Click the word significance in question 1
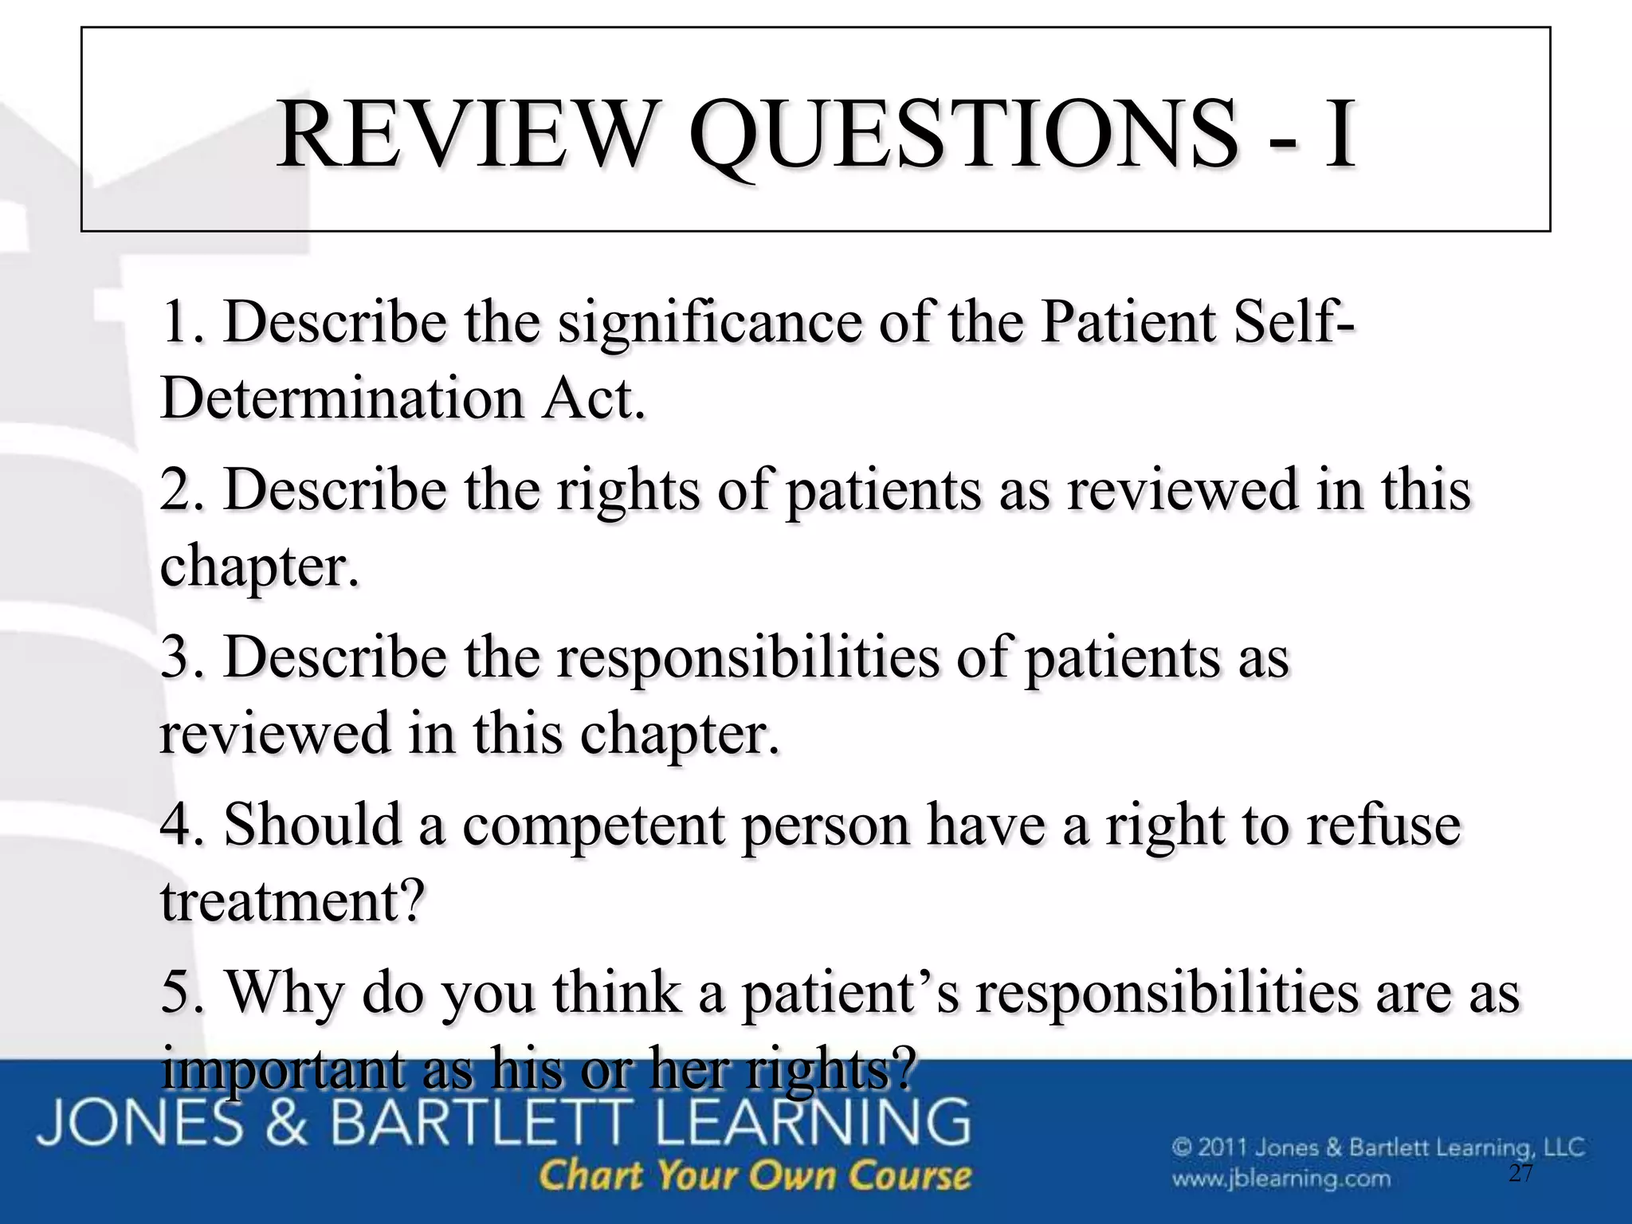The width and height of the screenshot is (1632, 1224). click(x=708, y=323)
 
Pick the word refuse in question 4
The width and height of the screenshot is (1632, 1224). click(x=1383, y=825)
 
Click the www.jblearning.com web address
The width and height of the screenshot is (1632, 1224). click(x=1281, y=1179)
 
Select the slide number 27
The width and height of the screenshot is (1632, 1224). click(x=1520, y=1174)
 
